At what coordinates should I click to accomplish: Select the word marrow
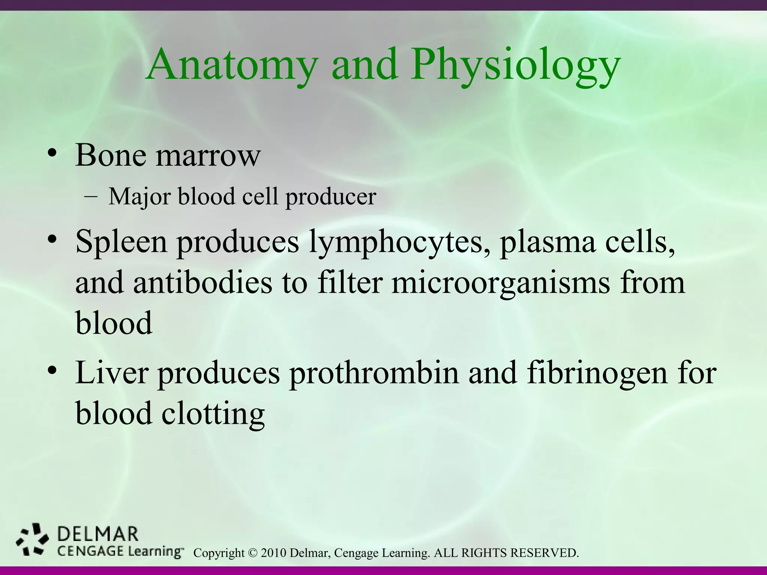tap(208, 155)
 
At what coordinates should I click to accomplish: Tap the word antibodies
tap(203, 283)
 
